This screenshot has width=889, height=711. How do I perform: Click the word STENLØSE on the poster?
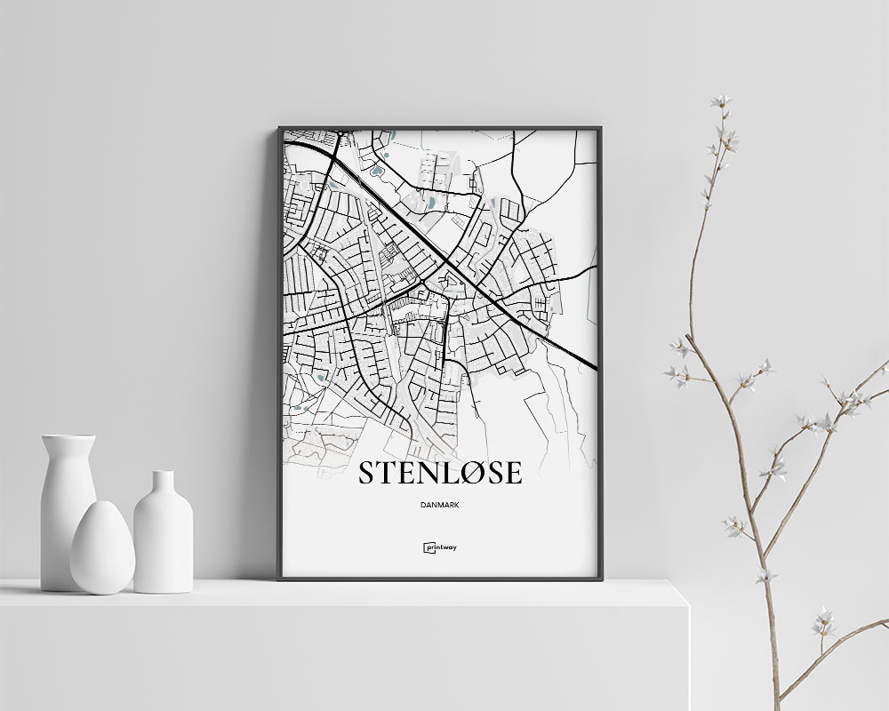pyautogui.click(x=439, y=474)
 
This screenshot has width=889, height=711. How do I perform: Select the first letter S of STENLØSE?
pyautogui.click(x=365, y=474)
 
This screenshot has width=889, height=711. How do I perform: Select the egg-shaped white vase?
pyautogui.click(x=102, y=547)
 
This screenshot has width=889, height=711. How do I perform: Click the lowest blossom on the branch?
pyautogui.click(x=823, y=619)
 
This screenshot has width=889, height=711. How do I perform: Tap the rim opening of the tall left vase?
pyautogui.click(x=68, y=437)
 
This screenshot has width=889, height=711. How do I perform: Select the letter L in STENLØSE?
pyautogui.click(x=443, y=474)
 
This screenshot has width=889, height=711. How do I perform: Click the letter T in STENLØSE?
pyautogui.click(x=386, y=474)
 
